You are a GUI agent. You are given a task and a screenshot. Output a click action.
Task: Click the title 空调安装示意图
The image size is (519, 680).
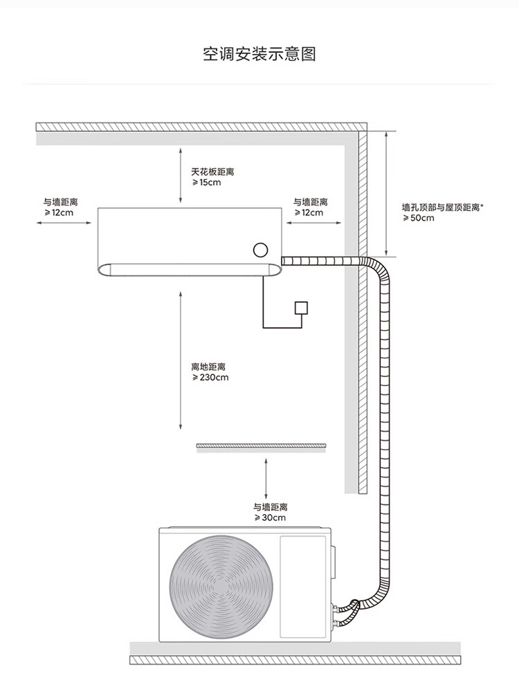(259, 54)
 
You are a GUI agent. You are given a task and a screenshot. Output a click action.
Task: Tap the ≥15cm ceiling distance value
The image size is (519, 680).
(206, 183)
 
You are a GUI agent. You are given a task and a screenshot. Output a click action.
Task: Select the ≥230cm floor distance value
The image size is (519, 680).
(210, 377)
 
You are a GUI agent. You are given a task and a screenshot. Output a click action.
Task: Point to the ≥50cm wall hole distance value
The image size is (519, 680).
(418, 218)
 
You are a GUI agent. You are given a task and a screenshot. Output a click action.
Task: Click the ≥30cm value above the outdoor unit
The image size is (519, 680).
(270, 518)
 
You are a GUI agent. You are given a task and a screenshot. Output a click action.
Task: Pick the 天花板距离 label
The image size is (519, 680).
(212, 172)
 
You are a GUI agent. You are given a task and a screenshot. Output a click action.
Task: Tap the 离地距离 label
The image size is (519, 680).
(208, 367)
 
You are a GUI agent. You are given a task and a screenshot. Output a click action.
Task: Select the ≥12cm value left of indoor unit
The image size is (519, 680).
(59, 213)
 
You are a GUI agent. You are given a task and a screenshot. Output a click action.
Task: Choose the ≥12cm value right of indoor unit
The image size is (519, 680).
(309, 213)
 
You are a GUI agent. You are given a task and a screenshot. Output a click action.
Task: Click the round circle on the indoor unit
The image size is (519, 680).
(260, 250)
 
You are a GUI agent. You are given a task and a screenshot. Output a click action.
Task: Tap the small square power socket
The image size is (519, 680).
(301, 307)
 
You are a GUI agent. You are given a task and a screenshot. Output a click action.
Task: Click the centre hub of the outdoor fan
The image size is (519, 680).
(221, 587)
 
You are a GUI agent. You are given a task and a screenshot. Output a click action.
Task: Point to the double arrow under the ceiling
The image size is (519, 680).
(181, 175)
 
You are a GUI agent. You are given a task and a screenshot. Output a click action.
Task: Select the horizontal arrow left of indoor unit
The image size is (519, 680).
(64, 223)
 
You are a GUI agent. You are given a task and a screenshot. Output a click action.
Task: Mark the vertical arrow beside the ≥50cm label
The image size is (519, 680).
(385, 194)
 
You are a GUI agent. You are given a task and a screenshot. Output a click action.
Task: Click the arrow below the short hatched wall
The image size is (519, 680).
(266, 478)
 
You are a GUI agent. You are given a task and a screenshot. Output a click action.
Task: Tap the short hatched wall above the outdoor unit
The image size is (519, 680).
(261, 445)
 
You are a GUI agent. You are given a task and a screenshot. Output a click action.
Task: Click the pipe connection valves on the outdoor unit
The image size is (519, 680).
(335, 616)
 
